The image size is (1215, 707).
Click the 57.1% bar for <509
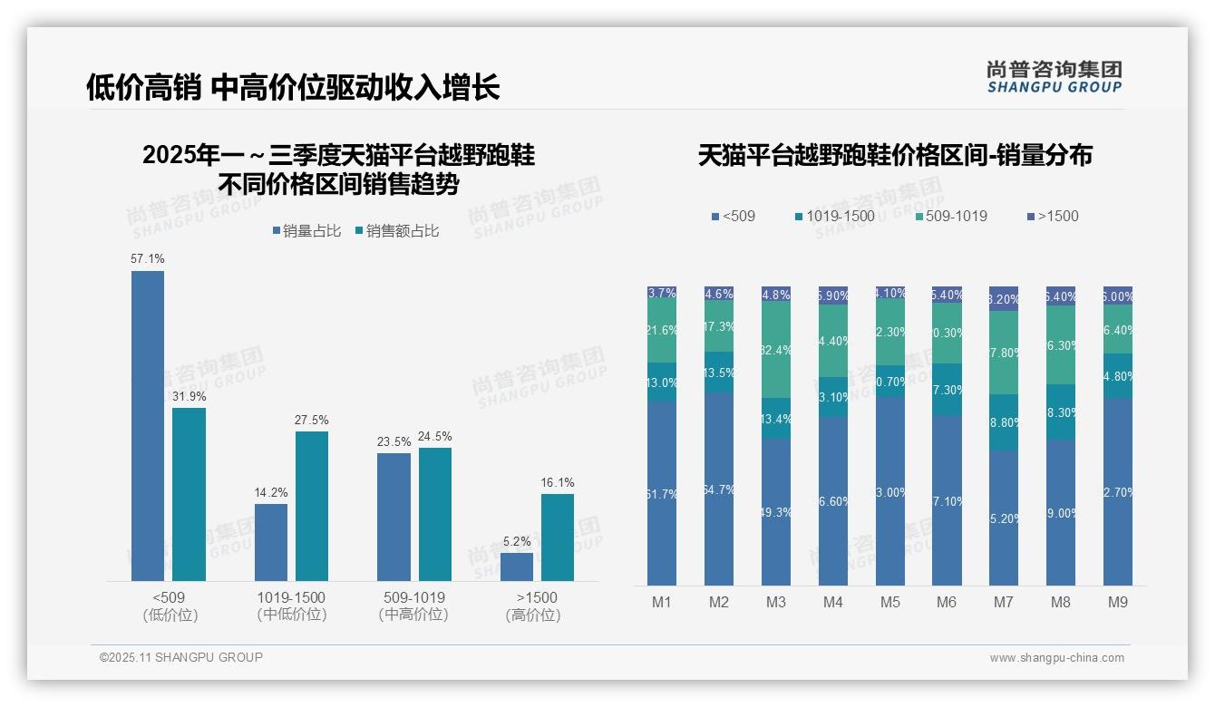tap(148, 426)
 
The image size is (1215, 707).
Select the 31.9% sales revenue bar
tap(190, 494)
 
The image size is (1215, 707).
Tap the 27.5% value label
tap(312, 421)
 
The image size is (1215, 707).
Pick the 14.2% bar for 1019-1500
tap(271, 542)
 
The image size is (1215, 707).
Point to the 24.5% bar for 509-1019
tap(435, 514)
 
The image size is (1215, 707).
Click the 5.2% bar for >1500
tap(517, 567)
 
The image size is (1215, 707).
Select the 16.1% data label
tap(558, 483)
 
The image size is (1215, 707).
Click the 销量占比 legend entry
tap(306, 231)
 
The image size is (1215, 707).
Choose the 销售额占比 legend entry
tap(397, 231)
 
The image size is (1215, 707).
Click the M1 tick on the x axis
tap(662, 602)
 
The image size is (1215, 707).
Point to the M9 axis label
tap(1118, 602)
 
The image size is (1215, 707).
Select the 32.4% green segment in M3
tap(776, 350)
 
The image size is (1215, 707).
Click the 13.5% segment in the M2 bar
tap(719, 373)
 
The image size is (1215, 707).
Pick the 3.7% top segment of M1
tap(662, 293)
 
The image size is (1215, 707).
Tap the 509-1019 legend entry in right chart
tap(951, 216)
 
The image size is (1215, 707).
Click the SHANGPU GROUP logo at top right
tap(1055, 76)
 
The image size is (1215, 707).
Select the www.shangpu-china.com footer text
tap(1056, 658)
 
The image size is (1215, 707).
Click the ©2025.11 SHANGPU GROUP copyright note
tap(181, 657)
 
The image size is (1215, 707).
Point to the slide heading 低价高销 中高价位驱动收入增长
tap(293, 87)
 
